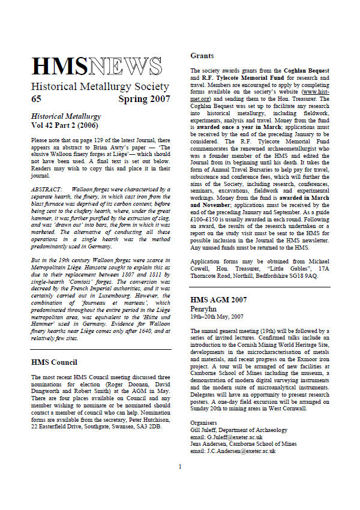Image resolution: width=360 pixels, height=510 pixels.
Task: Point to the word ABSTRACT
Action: point(47,190)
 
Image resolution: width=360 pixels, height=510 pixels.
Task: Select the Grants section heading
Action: point(202,56)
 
